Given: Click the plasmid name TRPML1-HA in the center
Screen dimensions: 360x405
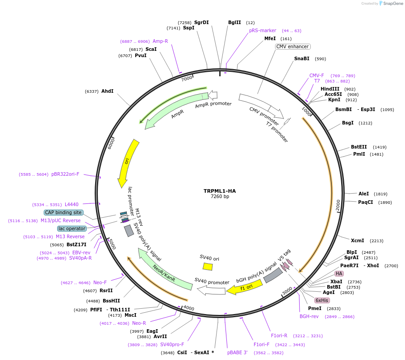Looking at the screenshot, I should pyautogui.click(x=220, y=191).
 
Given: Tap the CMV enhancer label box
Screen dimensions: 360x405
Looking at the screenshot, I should pyautogui.click(x=292, y=47).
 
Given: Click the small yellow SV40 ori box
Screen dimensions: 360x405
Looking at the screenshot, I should pyautogui.click(x=208, y=266).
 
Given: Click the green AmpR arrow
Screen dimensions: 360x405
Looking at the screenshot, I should pyautogui.click(x=172, y=109).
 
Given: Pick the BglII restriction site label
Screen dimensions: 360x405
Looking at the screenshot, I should pyautogui.click(x=234, y=22).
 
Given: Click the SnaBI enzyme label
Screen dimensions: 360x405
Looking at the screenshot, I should pyautogui.click(x=301, y=58).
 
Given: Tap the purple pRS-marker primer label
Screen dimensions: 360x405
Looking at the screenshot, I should pyautogui.click(x=263, y=31).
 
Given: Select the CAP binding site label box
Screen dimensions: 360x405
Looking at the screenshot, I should pyautogui.click(x=63, y=212).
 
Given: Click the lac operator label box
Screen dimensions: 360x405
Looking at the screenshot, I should pyautogui.click(x=71, y=228).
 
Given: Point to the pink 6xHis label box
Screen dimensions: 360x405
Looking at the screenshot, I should pyautogui.click(x=322, y=300).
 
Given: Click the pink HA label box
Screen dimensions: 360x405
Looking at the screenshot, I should pyautogui.click(x=339, y=273).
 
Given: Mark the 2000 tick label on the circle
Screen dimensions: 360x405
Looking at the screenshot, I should pyautogui.click(x=338, y=206).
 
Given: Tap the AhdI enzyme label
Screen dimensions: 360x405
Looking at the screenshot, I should pyautogui.click(x=107, y=91).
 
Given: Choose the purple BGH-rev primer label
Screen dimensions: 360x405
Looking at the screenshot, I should pyautogui.click(x=309, y=316).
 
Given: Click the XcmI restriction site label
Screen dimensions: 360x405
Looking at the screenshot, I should pyautogui.click(x=357, y=240).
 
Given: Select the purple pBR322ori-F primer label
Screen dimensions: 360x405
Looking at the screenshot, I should pyautogui.click(x=65, y=174).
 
